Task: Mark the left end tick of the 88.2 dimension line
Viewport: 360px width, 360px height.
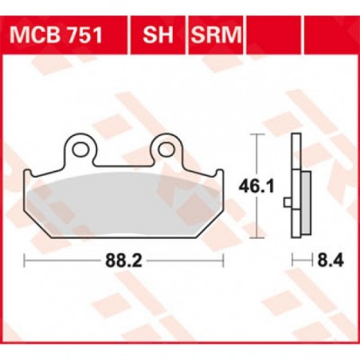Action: coord(25,260)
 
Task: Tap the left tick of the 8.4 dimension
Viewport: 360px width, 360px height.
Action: coord(292,260)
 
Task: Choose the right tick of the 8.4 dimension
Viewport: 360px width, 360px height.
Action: coord(307,260)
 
